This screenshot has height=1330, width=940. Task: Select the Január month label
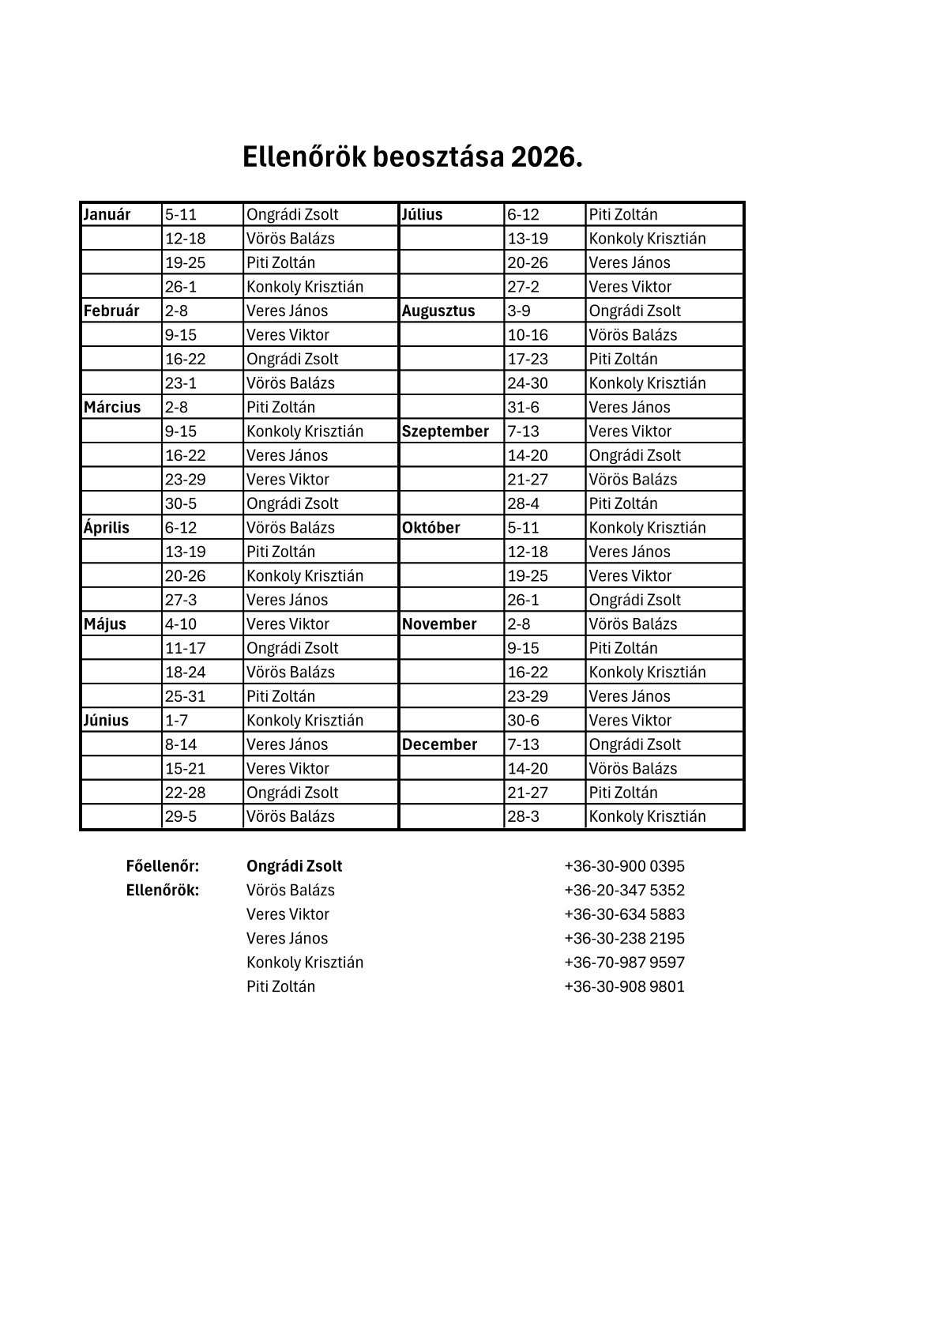click(107, 214)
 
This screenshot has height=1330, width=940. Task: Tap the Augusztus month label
click(438, 311)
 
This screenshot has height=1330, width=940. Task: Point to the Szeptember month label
click(445, 431)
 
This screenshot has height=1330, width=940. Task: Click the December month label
click(439, 744)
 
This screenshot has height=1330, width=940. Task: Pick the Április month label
click(106, 527)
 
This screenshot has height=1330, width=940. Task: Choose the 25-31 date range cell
click(185, 696)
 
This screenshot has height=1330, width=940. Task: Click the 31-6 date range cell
click(522, 407)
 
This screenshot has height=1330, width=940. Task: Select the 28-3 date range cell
click(523, 816)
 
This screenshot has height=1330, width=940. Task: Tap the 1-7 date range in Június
click(177, 720)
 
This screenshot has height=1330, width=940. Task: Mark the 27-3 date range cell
click(181, 600)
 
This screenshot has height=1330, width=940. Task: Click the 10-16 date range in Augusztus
click(527, 335)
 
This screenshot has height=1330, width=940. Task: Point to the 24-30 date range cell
click(527, 383)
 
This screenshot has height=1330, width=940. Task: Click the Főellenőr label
click(162, 866)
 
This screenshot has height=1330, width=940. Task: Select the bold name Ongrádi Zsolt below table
click(294, 866)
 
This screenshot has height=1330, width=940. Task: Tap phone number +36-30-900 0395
click(624, 866)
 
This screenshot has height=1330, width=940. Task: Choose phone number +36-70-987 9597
click(624, 963)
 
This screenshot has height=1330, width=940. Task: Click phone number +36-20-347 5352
click(624, 890)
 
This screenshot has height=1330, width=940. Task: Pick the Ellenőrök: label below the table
click(162, 890)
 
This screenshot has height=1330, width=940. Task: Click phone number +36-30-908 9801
click(624, 986)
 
